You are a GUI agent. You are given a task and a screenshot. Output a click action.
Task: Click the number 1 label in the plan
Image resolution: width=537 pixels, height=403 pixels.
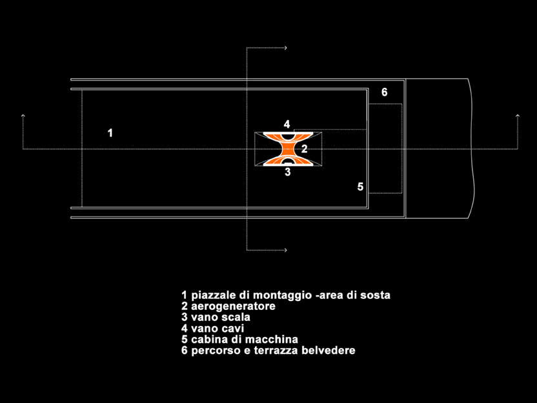[x=110, y=133]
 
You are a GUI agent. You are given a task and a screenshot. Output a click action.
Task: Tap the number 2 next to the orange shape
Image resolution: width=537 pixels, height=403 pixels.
[x=304, y=149]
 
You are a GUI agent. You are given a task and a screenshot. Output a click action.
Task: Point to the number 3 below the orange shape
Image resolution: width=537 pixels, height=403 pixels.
[x=288, y=172]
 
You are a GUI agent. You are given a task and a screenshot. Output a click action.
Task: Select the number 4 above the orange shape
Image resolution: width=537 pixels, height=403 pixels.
[x=287, y=124]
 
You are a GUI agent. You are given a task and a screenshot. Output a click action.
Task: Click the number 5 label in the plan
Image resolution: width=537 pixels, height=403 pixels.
[x=360, y=187]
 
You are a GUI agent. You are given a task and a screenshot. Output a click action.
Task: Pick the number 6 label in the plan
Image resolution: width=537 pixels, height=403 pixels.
[x=384, y=92]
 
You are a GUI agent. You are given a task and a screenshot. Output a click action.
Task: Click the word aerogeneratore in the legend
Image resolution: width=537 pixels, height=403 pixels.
[x=233, y=306]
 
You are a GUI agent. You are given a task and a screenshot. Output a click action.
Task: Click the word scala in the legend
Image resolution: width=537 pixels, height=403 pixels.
[x=236, y=317]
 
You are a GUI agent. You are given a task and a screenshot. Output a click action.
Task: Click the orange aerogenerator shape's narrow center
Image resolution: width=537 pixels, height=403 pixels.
[x=288, y=149]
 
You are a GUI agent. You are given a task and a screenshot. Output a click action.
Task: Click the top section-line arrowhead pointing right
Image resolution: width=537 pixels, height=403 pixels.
[x=285, y=48]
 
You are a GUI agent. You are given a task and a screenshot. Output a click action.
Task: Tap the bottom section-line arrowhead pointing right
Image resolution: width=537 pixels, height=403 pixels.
[x=285, y=250]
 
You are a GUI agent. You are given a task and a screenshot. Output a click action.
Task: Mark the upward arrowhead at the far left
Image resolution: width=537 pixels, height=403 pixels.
[x=23, y=116]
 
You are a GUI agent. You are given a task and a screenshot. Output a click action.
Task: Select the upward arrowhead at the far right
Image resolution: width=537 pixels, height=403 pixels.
[x=518, y=116]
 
